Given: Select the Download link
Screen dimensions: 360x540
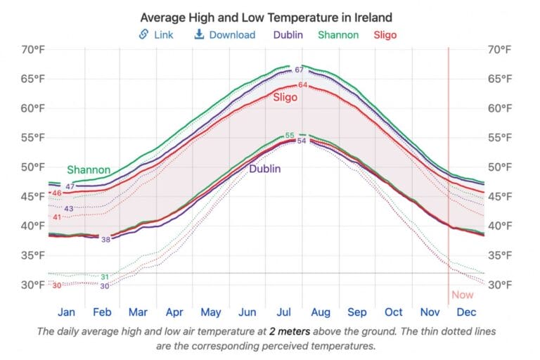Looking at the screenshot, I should click(x=224, y=34).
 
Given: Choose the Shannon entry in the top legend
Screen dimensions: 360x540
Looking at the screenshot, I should click(x=338, y=34).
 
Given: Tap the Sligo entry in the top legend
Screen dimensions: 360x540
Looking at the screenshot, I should click(x=385, y=34).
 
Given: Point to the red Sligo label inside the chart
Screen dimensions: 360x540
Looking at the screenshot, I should click(x=285, y=98).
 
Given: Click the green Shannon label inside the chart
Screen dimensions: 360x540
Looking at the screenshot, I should click(x=89, y=170).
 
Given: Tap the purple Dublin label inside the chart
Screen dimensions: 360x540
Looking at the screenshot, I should click(x=265, y=169).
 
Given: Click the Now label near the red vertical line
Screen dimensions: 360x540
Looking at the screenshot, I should click(x=462, y=295).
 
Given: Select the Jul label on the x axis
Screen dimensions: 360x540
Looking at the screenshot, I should click(x=284, y=312).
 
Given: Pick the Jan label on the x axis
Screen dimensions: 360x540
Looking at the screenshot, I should click(x=66, y=312).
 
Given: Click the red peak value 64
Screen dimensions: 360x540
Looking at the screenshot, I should click(x=302, y=85).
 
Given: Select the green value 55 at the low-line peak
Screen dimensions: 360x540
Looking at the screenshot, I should click(x=290, y=136).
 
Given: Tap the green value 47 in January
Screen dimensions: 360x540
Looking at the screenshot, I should click(x=70, y=186).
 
